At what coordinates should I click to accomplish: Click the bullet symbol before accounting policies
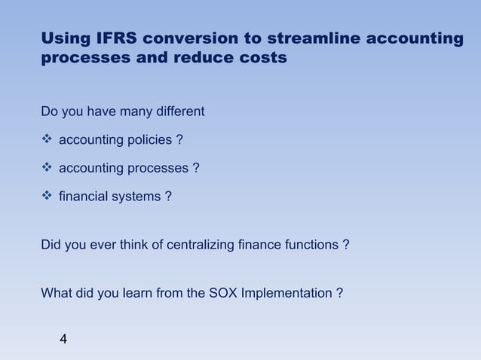pos(47,140)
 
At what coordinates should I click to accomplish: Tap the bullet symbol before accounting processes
pos(47,168)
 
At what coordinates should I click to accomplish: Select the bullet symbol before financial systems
pos(47,196)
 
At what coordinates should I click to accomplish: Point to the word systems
pos(138,197)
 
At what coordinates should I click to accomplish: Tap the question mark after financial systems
pos(167,197)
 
